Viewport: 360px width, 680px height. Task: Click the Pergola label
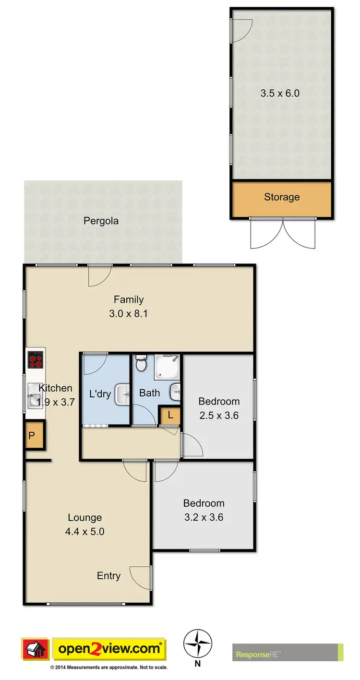pos(101,221)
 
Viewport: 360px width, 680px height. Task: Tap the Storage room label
pos(282,197)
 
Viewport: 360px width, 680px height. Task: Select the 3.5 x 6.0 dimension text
pos(280,93)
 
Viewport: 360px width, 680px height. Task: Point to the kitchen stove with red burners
pos(35,359)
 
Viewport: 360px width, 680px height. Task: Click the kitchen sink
pos(35,394)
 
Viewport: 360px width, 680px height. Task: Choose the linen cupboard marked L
pos(170,416)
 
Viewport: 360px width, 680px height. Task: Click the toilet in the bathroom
pos(141,364)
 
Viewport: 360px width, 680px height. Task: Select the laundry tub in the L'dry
pos(122,394)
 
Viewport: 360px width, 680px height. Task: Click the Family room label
pos(128,299)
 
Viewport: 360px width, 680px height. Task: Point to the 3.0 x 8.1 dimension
pos(128,314)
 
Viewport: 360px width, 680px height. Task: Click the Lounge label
pos(84,517)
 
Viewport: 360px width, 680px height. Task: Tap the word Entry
pos(108,576)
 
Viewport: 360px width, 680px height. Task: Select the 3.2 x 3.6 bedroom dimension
pos(204,517)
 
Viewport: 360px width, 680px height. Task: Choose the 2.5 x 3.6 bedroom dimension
pos(219,416)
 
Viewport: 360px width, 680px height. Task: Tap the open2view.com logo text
pos(109,649)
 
